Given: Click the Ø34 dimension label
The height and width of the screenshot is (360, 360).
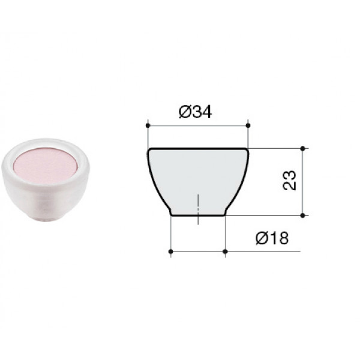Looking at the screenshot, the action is [x=195, y=112].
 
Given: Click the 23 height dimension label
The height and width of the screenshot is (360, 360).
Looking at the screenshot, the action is [x=289, y=180].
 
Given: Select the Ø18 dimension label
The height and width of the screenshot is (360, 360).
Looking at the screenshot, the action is [x=272, y=238].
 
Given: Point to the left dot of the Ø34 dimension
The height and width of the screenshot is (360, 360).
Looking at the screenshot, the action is [x=148, y=125].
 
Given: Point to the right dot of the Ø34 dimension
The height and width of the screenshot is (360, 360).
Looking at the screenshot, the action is [x=248, y=125].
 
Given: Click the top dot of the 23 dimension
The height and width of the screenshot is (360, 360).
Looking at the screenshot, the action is [x=303, y=149].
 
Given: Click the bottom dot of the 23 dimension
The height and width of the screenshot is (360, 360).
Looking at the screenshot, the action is [x=303, y=215].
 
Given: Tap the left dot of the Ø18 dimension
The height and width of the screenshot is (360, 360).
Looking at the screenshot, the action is [x=170, y=251].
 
